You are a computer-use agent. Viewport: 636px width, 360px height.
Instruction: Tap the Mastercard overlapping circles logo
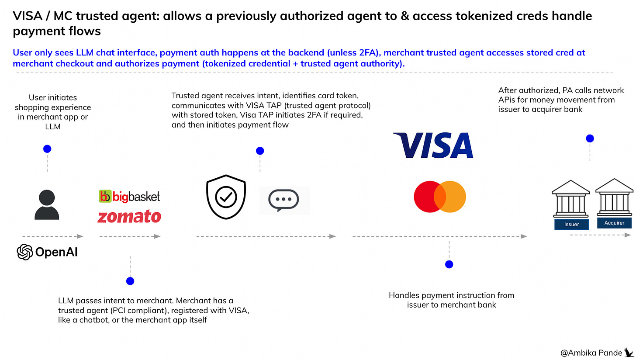pyautogui.click(x=440, y=197)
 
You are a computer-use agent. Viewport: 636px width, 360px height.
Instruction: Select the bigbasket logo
pyautogui.click(x=130, y=197)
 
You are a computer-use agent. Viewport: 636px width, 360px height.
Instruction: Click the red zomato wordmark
pyautogui.click(x=129, y=216)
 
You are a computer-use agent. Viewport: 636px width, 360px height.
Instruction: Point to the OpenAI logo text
pyautogui.click(x=47, y=252)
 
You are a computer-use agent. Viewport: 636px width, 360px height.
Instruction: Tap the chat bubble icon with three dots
pyautogui.click(x=284, y=200)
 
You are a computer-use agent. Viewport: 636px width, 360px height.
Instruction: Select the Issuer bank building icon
pyautogui.click(x=571, y=202)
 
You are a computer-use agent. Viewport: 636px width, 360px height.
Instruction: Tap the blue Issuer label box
pyautogui.click(x=571, y=224)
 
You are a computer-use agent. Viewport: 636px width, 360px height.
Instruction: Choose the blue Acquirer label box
pyautogui.click(x=614, y=223)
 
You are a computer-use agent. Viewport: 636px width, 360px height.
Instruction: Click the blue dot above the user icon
pyautogui.click(x=47, y=149)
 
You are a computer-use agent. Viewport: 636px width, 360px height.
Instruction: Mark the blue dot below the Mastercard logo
pyautogui.click(x=449, y=264)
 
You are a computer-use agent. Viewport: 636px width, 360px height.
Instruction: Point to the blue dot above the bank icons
pyautogui.click(x=590, y=138)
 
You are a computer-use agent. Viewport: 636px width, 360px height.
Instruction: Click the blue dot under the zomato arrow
pyautogui.click(x=130, y=281)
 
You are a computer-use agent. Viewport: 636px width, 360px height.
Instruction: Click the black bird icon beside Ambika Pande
pyautogui.click(x=629, y=351)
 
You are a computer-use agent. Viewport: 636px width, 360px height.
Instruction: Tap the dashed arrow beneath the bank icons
pyautogui.click(x=601, y=235)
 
